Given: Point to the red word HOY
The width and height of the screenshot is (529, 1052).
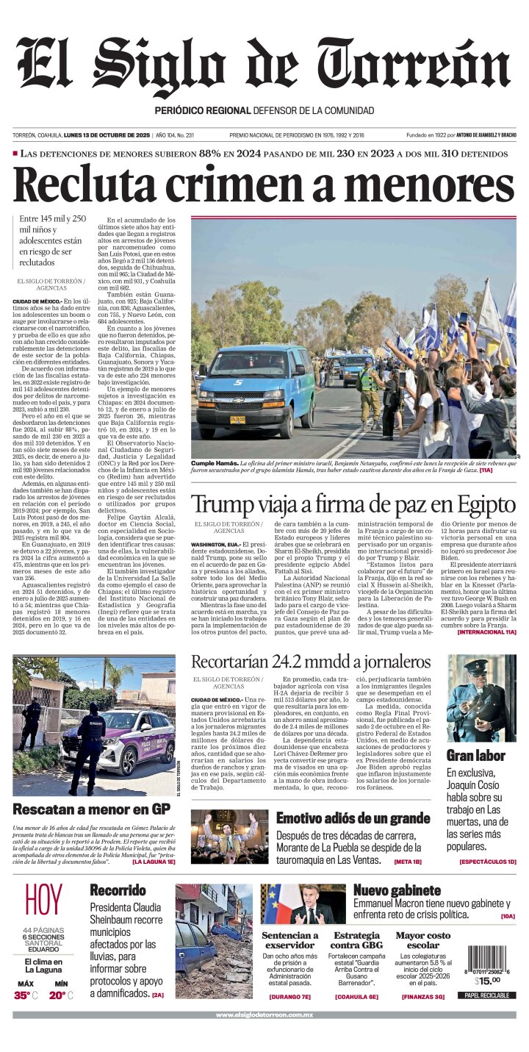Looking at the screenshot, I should coord(44,901).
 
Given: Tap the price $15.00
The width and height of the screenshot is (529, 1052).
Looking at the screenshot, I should coord(486,980).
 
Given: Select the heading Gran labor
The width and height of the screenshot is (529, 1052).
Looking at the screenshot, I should coord(475,755).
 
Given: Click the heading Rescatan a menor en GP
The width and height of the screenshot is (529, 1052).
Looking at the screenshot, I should coord(91,809).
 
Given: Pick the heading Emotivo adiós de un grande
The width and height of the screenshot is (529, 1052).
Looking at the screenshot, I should coord(353,818).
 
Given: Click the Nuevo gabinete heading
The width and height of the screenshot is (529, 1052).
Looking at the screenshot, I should coord(397,890).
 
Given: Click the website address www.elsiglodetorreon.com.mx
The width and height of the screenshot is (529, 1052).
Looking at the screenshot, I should coord(264,1015).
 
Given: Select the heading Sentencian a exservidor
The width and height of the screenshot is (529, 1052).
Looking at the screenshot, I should coord(290,940).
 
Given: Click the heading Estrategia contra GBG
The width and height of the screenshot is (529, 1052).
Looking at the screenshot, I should coord(356,940).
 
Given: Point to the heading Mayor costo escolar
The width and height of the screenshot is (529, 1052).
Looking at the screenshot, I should coord(422,940).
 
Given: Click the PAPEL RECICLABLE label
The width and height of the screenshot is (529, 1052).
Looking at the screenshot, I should coord(487,995).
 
